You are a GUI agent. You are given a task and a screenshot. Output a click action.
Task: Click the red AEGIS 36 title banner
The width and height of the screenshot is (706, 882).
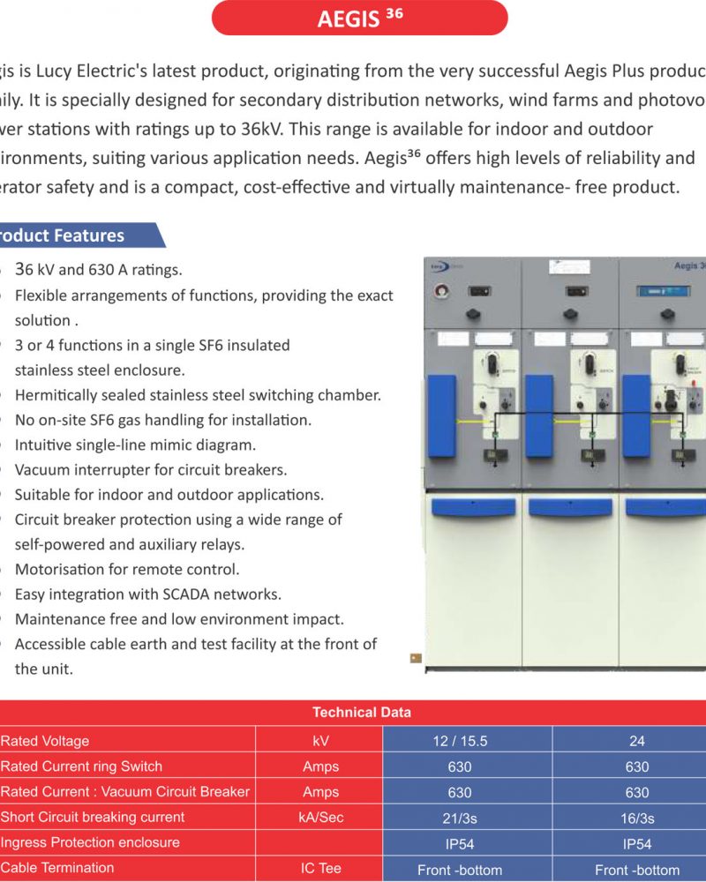pyautogui.click(x=360, y=18)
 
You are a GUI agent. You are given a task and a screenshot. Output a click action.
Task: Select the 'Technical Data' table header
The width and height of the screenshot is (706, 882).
pyautogui.click(x=362, y=713)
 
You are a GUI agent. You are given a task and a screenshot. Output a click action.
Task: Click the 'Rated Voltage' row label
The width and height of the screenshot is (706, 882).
pyautogui.click(x=45, y=741)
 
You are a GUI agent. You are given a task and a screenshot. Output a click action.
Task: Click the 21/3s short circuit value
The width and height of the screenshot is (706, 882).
pyautogui.click(x=459, y=818)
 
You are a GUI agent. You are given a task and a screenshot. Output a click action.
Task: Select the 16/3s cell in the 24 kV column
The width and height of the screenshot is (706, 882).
pyautogui.click(x=636, y=818)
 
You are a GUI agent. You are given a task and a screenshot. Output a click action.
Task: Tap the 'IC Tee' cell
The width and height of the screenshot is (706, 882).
pyautogui.click(x=319, y=869)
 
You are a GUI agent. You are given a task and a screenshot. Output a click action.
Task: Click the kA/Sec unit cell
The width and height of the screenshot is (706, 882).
pyautogui.click(x=319, y=818)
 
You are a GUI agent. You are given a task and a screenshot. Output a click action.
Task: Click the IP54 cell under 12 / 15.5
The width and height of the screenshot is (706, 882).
pyautogui.click(x=459, y=844)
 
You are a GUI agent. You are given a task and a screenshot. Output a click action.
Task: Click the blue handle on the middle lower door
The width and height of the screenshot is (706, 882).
pyautogui.click(x=569, y=507)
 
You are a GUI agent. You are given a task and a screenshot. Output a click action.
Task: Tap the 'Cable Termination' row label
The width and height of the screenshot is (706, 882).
pyautogui.click(x=57, y=868)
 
